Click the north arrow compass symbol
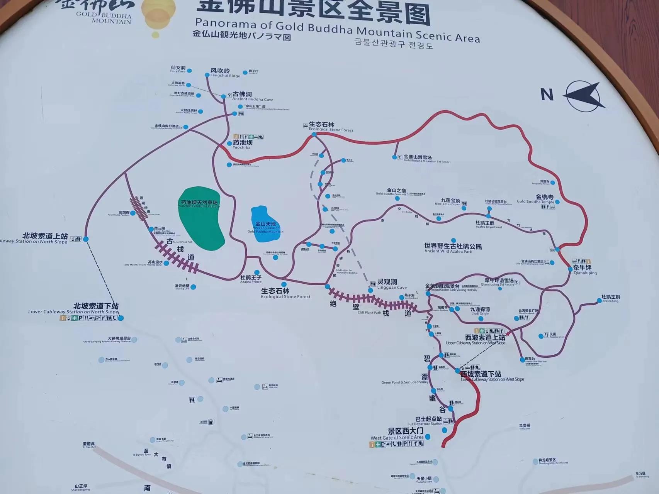tap(584, 96)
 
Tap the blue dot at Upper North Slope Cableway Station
tap(86, 239)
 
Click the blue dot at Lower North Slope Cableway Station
tap(121, 318)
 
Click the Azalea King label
tap(610, 299)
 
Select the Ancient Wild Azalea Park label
tap(453, 248)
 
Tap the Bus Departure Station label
tap(425, 421)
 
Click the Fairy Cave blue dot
tap(190, 71)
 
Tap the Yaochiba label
tap(242, 144)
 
